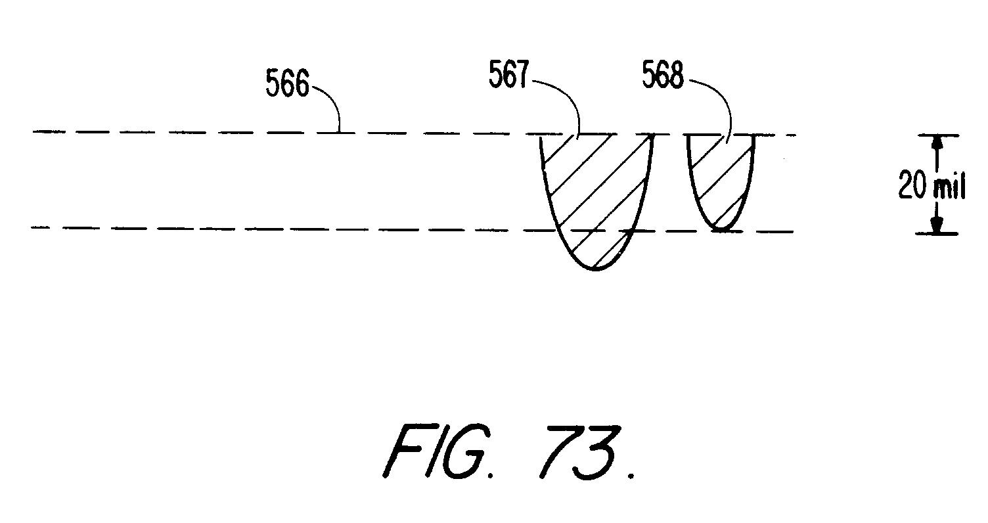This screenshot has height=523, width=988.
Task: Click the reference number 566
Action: click(x=287, y=83)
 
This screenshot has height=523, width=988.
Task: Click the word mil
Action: click(x=949, y=188)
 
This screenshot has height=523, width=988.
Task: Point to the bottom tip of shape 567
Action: click(x=596, y=269)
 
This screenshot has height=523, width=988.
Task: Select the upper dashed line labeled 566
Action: click(x=197, y=133)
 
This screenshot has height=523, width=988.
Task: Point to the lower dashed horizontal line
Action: click(x=197, y=228)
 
